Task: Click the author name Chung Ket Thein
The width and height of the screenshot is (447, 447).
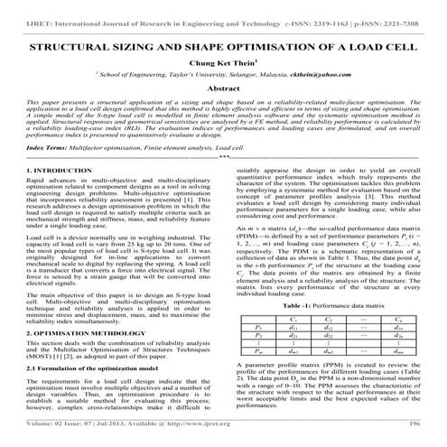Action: (223, 64)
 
